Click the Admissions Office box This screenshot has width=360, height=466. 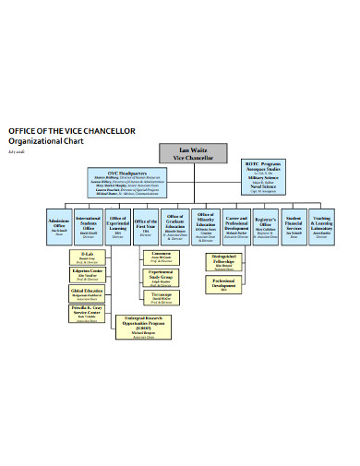pos(60,224)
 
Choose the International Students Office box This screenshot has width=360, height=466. pos(90,224)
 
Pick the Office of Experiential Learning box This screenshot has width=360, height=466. pos(117,224)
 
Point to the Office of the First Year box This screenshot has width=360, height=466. pos(146,224)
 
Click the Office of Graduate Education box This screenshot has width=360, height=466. pos(176,224)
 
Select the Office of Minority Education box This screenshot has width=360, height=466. pos(206,224)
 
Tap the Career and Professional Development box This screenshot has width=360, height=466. pos(236,224)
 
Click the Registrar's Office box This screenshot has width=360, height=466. pos(266,224)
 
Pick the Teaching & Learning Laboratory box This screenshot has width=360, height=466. pos(322,224)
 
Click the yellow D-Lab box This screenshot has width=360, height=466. pos(88,257)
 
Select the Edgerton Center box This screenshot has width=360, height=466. pos(88,275)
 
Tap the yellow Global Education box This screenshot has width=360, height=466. pos(88,293)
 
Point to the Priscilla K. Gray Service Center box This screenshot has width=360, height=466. pos(88,314)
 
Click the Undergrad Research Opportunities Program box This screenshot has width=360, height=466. pos(137,328)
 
